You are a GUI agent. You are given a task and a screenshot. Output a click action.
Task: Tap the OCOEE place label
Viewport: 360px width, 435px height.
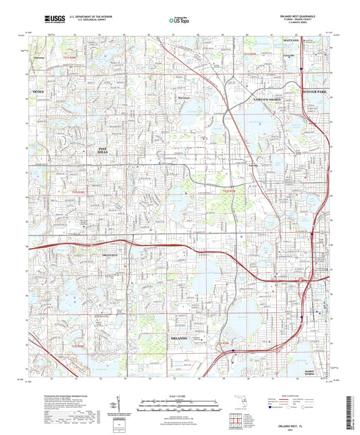click(x=37, y=90)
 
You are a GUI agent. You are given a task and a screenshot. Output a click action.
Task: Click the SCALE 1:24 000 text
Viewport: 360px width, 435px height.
click(x=179, y=396)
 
